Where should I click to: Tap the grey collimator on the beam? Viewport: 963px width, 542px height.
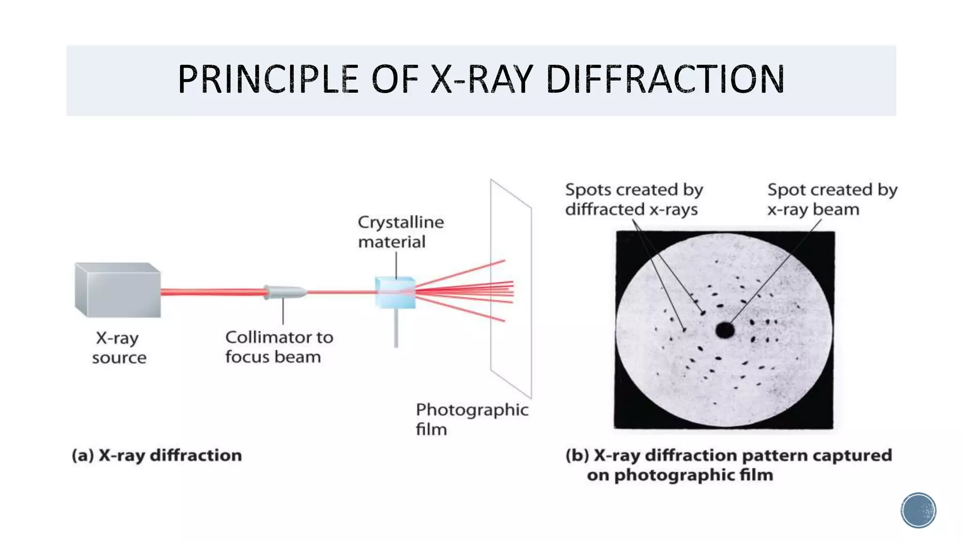[284, 292]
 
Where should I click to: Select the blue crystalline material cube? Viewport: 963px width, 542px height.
[395, 292]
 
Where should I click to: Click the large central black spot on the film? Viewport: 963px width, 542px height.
[725, 330]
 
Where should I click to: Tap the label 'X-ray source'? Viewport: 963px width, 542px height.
[118, 348]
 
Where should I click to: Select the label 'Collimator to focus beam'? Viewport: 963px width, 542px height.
[279, 347]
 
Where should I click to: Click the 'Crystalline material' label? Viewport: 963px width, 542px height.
[400, 232]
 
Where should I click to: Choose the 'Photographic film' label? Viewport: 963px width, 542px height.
[472, 419]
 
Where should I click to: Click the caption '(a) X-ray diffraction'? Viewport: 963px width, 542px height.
[157, 455]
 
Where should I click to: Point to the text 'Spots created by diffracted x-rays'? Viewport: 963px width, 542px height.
[633, 199]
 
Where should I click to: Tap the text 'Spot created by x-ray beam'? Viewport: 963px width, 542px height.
[832, 199]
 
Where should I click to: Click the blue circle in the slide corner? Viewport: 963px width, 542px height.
[918, 510]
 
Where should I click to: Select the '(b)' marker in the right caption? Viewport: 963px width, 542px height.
[577, 455]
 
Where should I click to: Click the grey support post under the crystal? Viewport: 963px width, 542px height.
[396, 328]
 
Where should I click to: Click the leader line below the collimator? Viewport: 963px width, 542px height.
[283, 311]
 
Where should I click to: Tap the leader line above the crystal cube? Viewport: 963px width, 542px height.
[396, 265]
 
